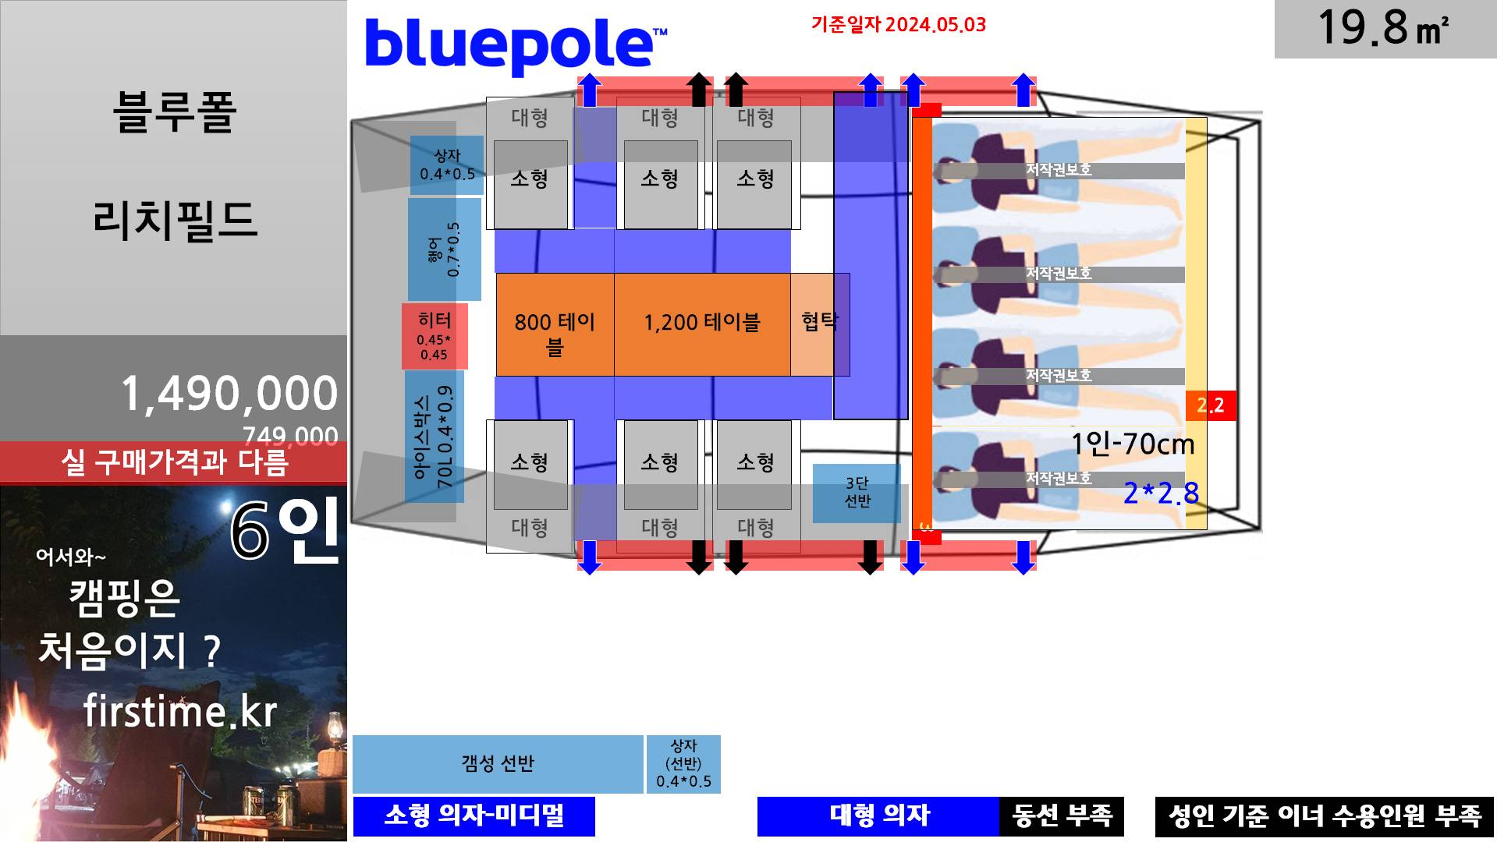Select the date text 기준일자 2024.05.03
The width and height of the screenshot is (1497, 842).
(898, 25)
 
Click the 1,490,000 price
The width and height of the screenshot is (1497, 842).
(229, 393)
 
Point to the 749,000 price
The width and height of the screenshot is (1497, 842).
(289, 435)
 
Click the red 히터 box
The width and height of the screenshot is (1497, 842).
(435, 336)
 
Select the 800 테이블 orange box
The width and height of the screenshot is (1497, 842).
(555, 325)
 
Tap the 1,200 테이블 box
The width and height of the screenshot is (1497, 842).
(701, 324)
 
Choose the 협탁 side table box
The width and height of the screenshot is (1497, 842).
(819, 324)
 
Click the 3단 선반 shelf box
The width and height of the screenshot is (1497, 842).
(857, 493)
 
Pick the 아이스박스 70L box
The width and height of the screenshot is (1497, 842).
(435, 437)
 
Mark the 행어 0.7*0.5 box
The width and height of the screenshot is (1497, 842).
(444, 249)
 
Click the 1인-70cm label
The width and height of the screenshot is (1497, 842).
(1132, 444)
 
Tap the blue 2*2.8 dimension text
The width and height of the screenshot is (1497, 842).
(1160, 493)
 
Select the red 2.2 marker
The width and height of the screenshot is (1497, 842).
(1211, 405)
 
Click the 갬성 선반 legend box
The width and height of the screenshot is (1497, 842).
(498, 763)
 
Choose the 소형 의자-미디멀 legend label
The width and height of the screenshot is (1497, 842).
(474, 815)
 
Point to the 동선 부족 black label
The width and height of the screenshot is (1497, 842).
(1061, 815)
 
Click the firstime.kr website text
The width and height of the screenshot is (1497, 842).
(180, 711)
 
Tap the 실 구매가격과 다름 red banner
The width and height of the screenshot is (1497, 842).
(174, 462)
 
